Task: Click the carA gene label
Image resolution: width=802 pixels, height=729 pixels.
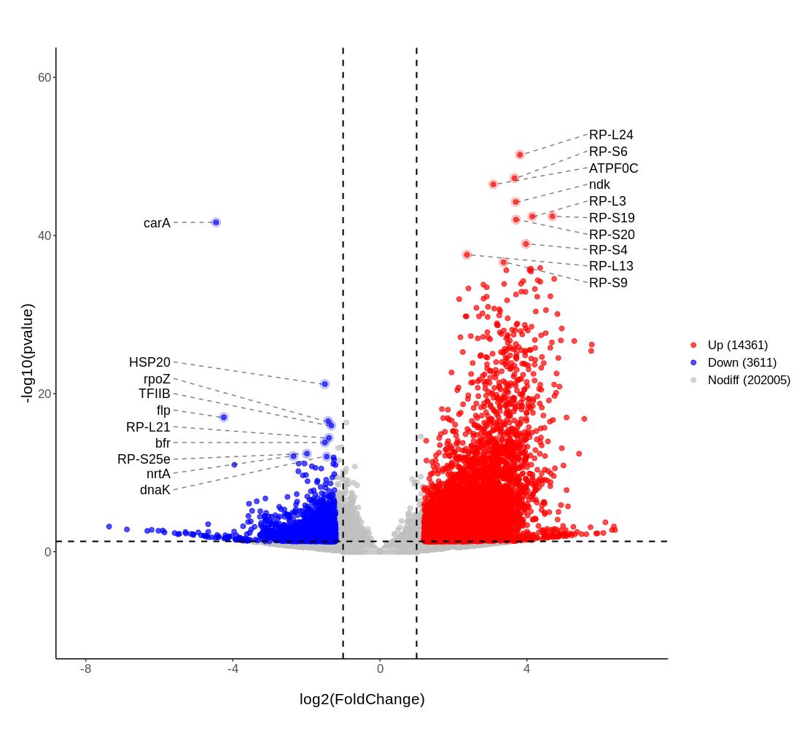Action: [157, 223]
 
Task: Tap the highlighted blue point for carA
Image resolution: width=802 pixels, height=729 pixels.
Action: [216, 222]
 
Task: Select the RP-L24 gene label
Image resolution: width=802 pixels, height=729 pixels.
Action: [611, 135]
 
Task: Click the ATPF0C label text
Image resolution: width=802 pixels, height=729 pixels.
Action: [613, 168]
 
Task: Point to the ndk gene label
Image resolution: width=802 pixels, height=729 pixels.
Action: [599, 184]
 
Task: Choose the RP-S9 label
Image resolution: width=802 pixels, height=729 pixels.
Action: [608, 283]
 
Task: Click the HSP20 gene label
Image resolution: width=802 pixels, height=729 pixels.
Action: [149, 362]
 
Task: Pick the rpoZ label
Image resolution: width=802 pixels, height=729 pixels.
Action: [157, 379]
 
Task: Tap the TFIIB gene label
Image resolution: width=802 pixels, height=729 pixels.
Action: [155, 394]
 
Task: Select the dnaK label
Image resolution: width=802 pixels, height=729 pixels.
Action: [155, 490]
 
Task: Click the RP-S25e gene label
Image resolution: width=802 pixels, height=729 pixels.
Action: [144, 459]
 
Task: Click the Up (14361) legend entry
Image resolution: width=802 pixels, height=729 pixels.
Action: [737, 345]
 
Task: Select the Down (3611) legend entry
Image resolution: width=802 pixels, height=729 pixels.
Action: [741, 362]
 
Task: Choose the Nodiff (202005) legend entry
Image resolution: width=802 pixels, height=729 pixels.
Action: [749, 380]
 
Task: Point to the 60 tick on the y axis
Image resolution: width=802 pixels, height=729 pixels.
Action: [44, 77]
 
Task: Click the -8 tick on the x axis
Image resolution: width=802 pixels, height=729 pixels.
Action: [85, 668]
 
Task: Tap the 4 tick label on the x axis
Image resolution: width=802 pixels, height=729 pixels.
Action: [526, 668]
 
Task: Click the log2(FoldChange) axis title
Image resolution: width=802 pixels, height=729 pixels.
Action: [362, 699]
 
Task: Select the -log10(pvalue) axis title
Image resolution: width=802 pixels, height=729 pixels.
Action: [27, 354]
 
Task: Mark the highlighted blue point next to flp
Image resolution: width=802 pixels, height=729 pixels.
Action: [224, 417]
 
